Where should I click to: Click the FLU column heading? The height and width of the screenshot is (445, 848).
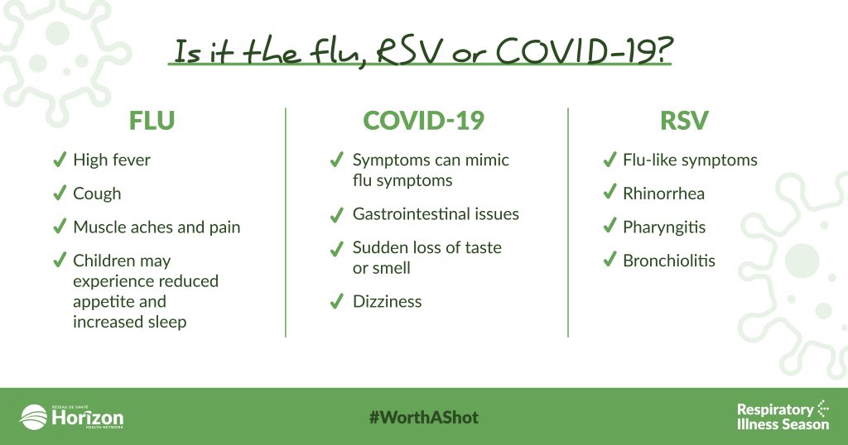click(x=152, y=121)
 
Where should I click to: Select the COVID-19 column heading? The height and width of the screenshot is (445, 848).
click(x=423, y=121)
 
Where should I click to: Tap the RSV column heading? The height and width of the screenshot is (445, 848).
click(x=684, y=121)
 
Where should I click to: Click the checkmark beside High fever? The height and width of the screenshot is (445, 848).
click(x=60, y=160)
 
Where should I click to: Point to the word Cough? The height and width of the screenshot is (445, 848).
click(x=98, y=194)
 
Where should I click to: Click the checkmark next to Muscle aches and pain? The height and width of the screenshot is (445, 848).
click(x=60, y=227)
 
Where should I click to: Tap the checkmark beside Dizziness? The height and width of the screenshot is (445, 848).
click(x=336, y=301)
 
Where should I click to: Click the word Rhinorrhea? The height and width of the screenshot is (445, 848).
click(x=663, y=194)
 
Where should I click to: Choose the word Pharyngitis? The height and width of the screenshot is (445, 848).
click(x=664, y=227)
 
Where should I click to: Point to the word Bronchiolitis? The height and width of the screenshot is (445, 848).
click(x=669, y=261)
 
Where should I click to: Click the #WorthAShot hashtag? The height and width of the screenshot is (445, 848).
click(x=424, y=418)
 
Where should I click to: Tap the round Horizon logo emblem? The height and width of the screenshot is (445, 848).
click(x=33, y=418)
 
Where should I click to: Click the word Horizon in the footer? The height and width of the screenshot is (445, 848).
click(x=88, y=418)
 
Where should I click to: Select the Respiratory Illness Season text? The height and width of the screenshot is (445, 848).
click(x=783, y=416)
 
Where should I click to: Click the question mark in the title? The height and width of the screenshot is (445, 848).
click(x=664, y=50)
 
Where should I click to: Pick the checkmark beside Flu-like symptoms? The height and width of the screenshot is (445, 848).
click(x=609, y=160)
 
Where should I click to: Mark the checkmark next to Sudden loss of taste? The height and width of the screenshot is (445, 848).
click(x=336, y=248)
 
